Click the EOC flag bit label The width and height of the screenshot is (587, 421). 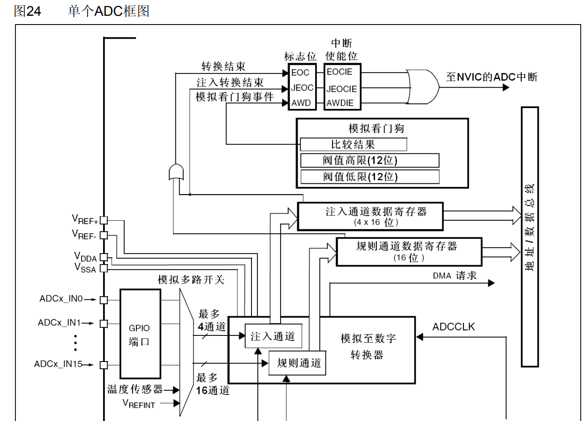300,73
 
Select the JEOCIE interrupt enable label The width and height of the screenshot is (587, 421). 341,89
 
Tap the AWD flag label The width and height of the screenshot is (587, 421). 301,103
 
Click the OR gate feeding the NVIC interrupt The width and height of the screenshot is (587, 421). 422,87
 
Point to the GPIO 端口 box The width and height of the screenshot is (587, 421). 140,334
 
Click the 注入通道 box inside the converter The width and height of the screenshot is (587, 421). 272,336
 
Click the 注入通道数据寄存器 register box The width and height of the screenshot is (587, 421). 370,216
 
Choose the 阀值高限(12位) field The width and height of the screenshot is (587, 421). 369,160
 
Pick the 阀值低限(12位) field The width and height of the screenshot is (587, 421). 369,177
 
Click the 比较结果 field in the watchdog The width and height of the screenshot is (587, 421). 353,145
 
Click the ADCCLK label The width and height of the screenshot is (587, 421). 453,327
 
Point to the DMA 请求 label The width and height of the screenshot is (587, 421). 455,276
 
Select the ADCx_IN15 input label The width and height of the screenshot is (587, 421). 58,364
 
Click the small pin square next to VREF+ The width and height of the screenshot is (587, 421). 104,220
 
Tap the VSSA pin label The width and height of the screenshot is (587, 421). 85,268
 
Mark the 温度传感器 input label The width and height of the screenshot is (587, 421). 135,389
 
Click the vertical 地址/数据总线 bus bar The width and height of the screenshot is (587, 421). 530,237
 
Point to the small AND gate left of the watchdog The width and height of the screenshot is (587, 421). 176,172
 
